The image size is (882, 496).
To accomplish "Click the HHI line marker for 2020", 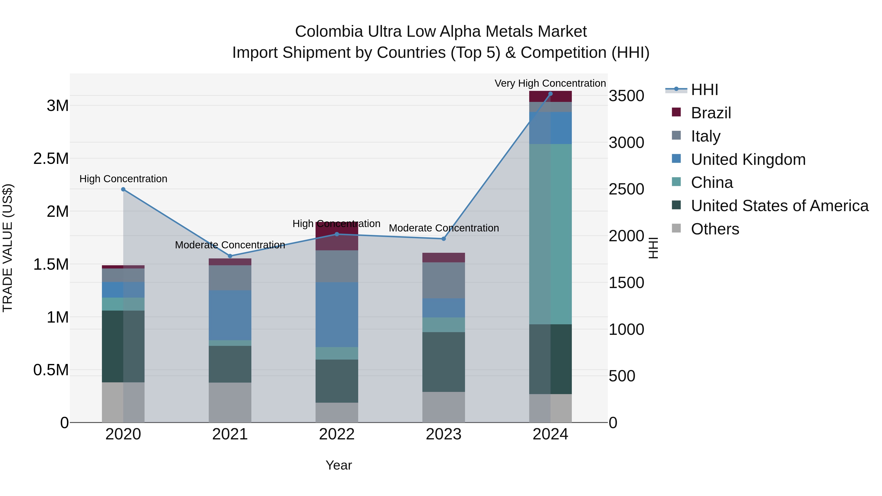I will pyautogui.click(x=123, y=189).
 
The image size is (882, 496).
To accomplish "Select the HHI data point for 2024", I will pyautogui.click(x=550, y=94).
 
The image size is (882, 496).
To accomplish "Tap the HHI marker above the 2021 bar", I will pyautogui.click(x=230, y=256).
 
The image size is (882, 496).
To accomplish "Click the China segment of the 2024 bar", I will pyautogui.click(x=550, y=234).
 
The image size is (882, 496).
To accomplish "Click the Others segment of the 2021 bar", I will pyautogui.click(x=230, y=402).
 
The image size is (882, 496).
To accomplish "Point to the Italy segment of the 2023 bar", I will pyautogui.click(x=443, y=280).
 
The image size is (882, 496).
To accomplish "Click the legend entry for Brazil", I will pyautogui.click(x=711, y=113).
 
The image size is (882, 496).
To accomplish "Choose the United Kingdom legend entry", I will pyautogui.click(x=748, y=159).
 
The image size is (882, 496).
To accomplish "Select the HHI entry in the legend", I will pyautogui.click(x=704, y=90).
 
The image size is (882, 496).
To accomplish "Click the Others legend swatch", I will pyautogui.click(x=676, y=228).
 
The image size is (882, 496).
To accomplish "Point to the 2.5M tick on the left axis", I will pyautogui.click(x=51, y=159).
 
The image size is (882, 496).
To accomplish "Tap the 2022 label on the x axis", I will pyautogui.click(x=337, y=434).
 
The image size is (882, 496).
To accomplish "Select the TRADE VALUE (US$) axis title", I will pyautogui.click(x=8, y=248).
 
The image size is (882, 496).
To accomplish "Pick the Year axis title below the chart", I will pyautogui.click(x=339, y=465).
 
